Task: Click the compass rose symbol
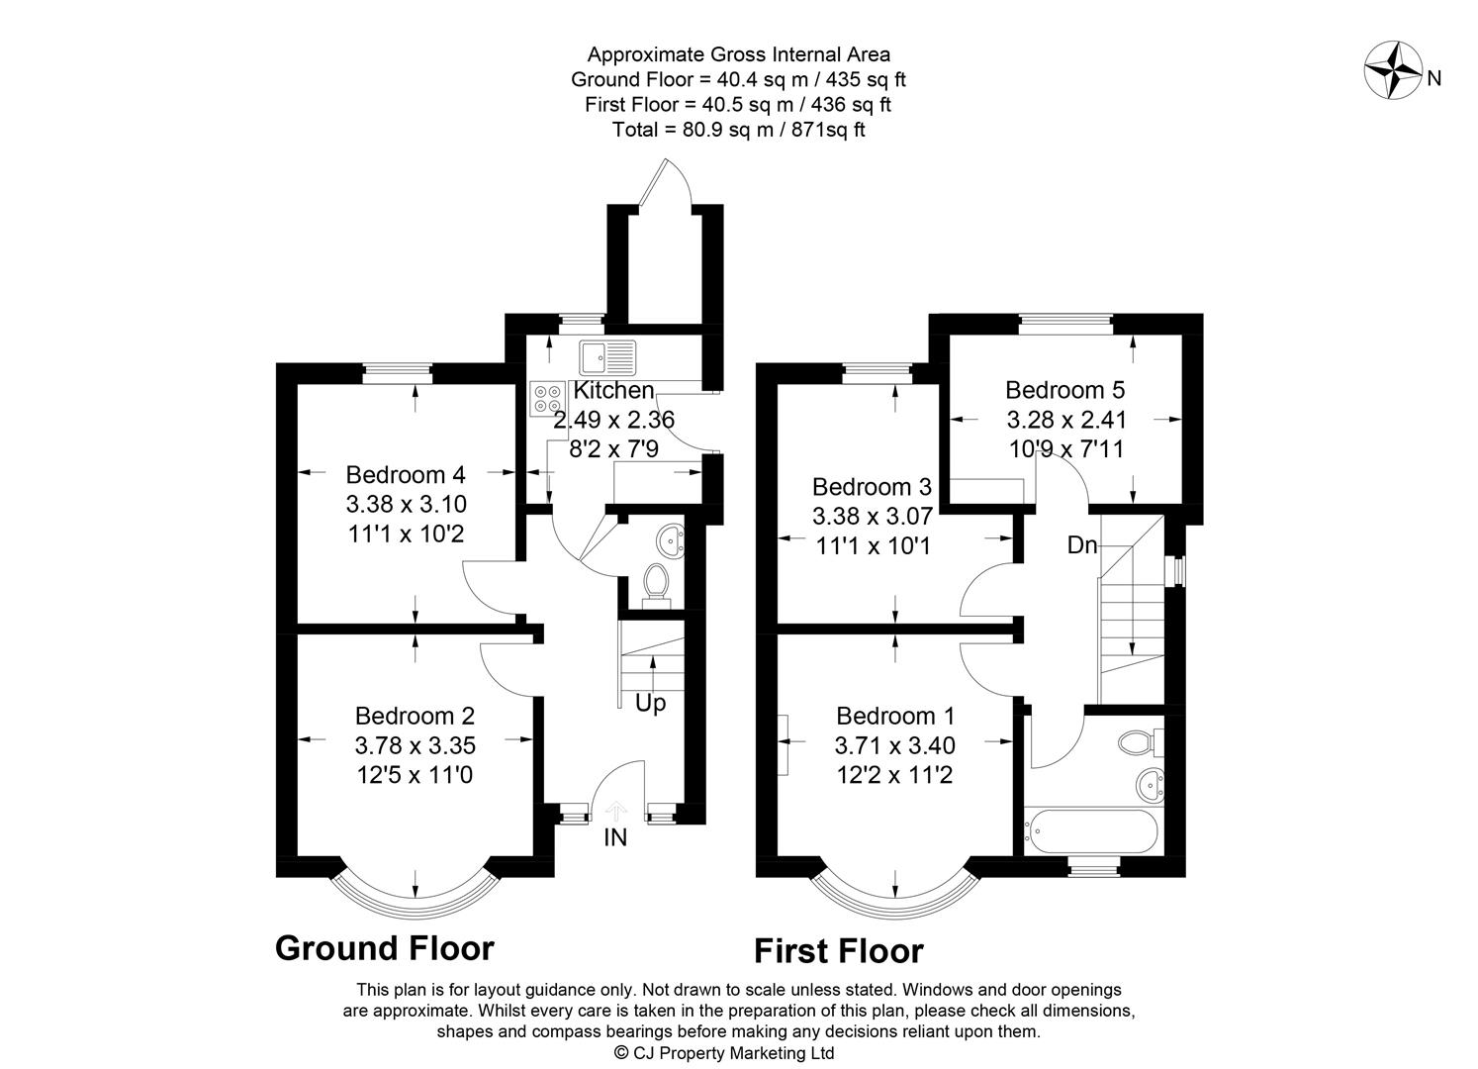pyautogui.click(x=1392, y=70)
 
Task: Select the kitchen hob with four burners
pyautogui.click(x=547, y=398)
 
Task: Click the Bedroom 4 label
pyautogui.click(x=406, y=473)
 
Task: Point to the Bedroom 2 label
pyautogui.click(x=415, y=715)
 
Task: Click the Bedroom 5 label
pyautogui.click(x=1065, y=389)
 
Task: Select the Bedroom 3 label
pyautogui.click(x=872, y=487)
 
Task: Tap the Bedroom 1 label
pyautogui.click(x=895, y=715)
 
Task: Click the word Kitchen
pyautogui.click(x=614, y=390)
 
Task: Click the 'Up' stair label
pyautogui.click(x=650, y=703)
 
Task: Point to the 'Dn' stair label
pyautogui.click(x=1082, y=544)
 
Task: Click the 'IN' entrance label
pyautogui.click(x=615, y=838)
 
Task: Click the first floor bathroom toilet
pyautogui.click(x=1143, y=740)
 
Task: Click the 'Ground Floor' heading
pyautogui.click(x=384, y=947)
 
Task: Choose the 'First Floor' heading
pyautogui.click(x=838, y=951)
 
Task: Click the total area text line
pyautogui.click(x=738, y=130)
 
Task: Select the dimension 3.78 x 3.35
pyautogui.click(x=415, y=744)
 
